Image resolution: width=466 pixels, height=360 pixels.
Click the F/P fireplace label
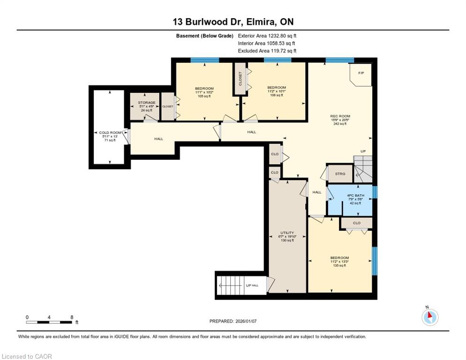coord(361,73)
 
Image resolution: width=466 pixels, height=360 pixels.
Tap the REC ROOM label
coord(340,116)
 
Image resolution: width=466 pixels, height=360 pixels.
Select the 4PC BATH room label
coord(355,195)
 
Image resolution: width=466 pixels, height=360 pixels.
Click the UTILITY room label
coord(287,233)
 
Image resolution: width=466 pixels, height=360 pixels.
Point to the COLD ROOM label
coord(110,133)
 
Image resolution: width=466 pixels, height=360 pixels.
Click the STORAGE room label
coord(147,103)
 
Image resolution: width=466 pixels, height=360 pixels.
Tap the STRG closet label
coord(340,173)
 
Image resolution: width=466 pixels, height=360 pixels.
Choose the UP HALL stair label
coord(252,285)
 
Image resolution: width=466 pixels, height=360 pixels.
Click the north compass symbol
coord(430,317)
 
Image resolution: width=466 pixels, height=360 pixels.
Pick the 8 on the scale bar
coord(72,317)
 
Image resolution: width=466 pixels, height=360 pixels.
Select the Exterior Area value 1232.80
coord(277,36)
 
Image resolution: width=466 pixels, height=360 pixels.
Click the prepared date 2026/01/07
coord(246,321)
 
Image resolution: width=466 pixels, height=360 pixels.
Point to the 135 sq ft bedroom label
coord(339,266)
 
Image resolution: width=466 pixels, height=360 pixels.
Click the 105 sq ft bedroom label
coord(204,96)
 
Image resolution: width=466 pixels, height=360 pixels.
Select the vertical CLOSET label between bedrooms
coord(240,79)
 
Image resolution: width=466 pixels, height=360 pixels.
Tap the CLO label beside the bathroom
coord(357,223)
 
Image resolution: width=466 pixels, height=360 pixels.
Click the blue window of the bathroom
coord(375,192)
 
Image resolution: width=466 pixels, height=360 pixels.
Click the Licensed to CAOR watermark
coord(27,356)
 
